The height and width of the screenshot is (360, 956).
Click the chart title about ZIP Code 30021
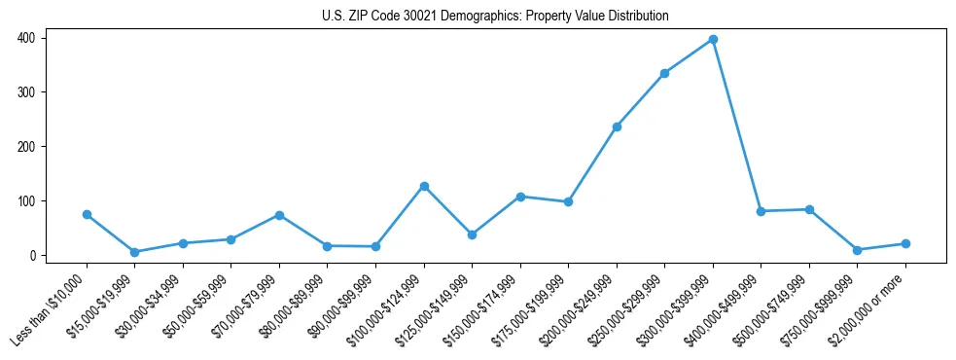click(x=495, y=17)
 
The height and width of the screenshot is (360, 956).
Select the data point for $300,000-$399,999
click(x=713, y=39)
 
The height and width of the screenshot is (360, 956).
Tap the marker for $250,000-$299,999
click(x=664, y=73)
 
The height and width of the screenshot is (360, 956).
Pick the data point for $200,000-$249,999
click(x=617, y=126)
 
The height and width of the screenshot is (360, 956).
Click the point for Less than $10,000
click(x=87, y=214)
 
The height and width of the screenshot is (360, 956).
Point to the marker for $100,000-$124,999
click(x=424, y=186)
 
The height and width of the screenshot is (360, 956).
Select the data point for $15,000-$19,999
click(x=134, y=252)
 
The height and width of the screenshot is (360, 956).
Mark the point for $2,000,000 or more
click(x=905, y=243)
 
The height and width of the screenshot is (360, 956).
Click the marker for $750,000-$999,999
click(x=857, y=250)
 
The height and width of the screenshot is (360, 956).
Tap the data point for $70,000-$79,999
click(x=279, y=215)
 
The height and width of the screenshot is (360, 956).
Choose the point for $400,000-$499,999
click(x=761, y=211)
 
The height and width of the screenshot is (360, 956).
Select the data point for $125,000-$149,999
click(x=472, y=234)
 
